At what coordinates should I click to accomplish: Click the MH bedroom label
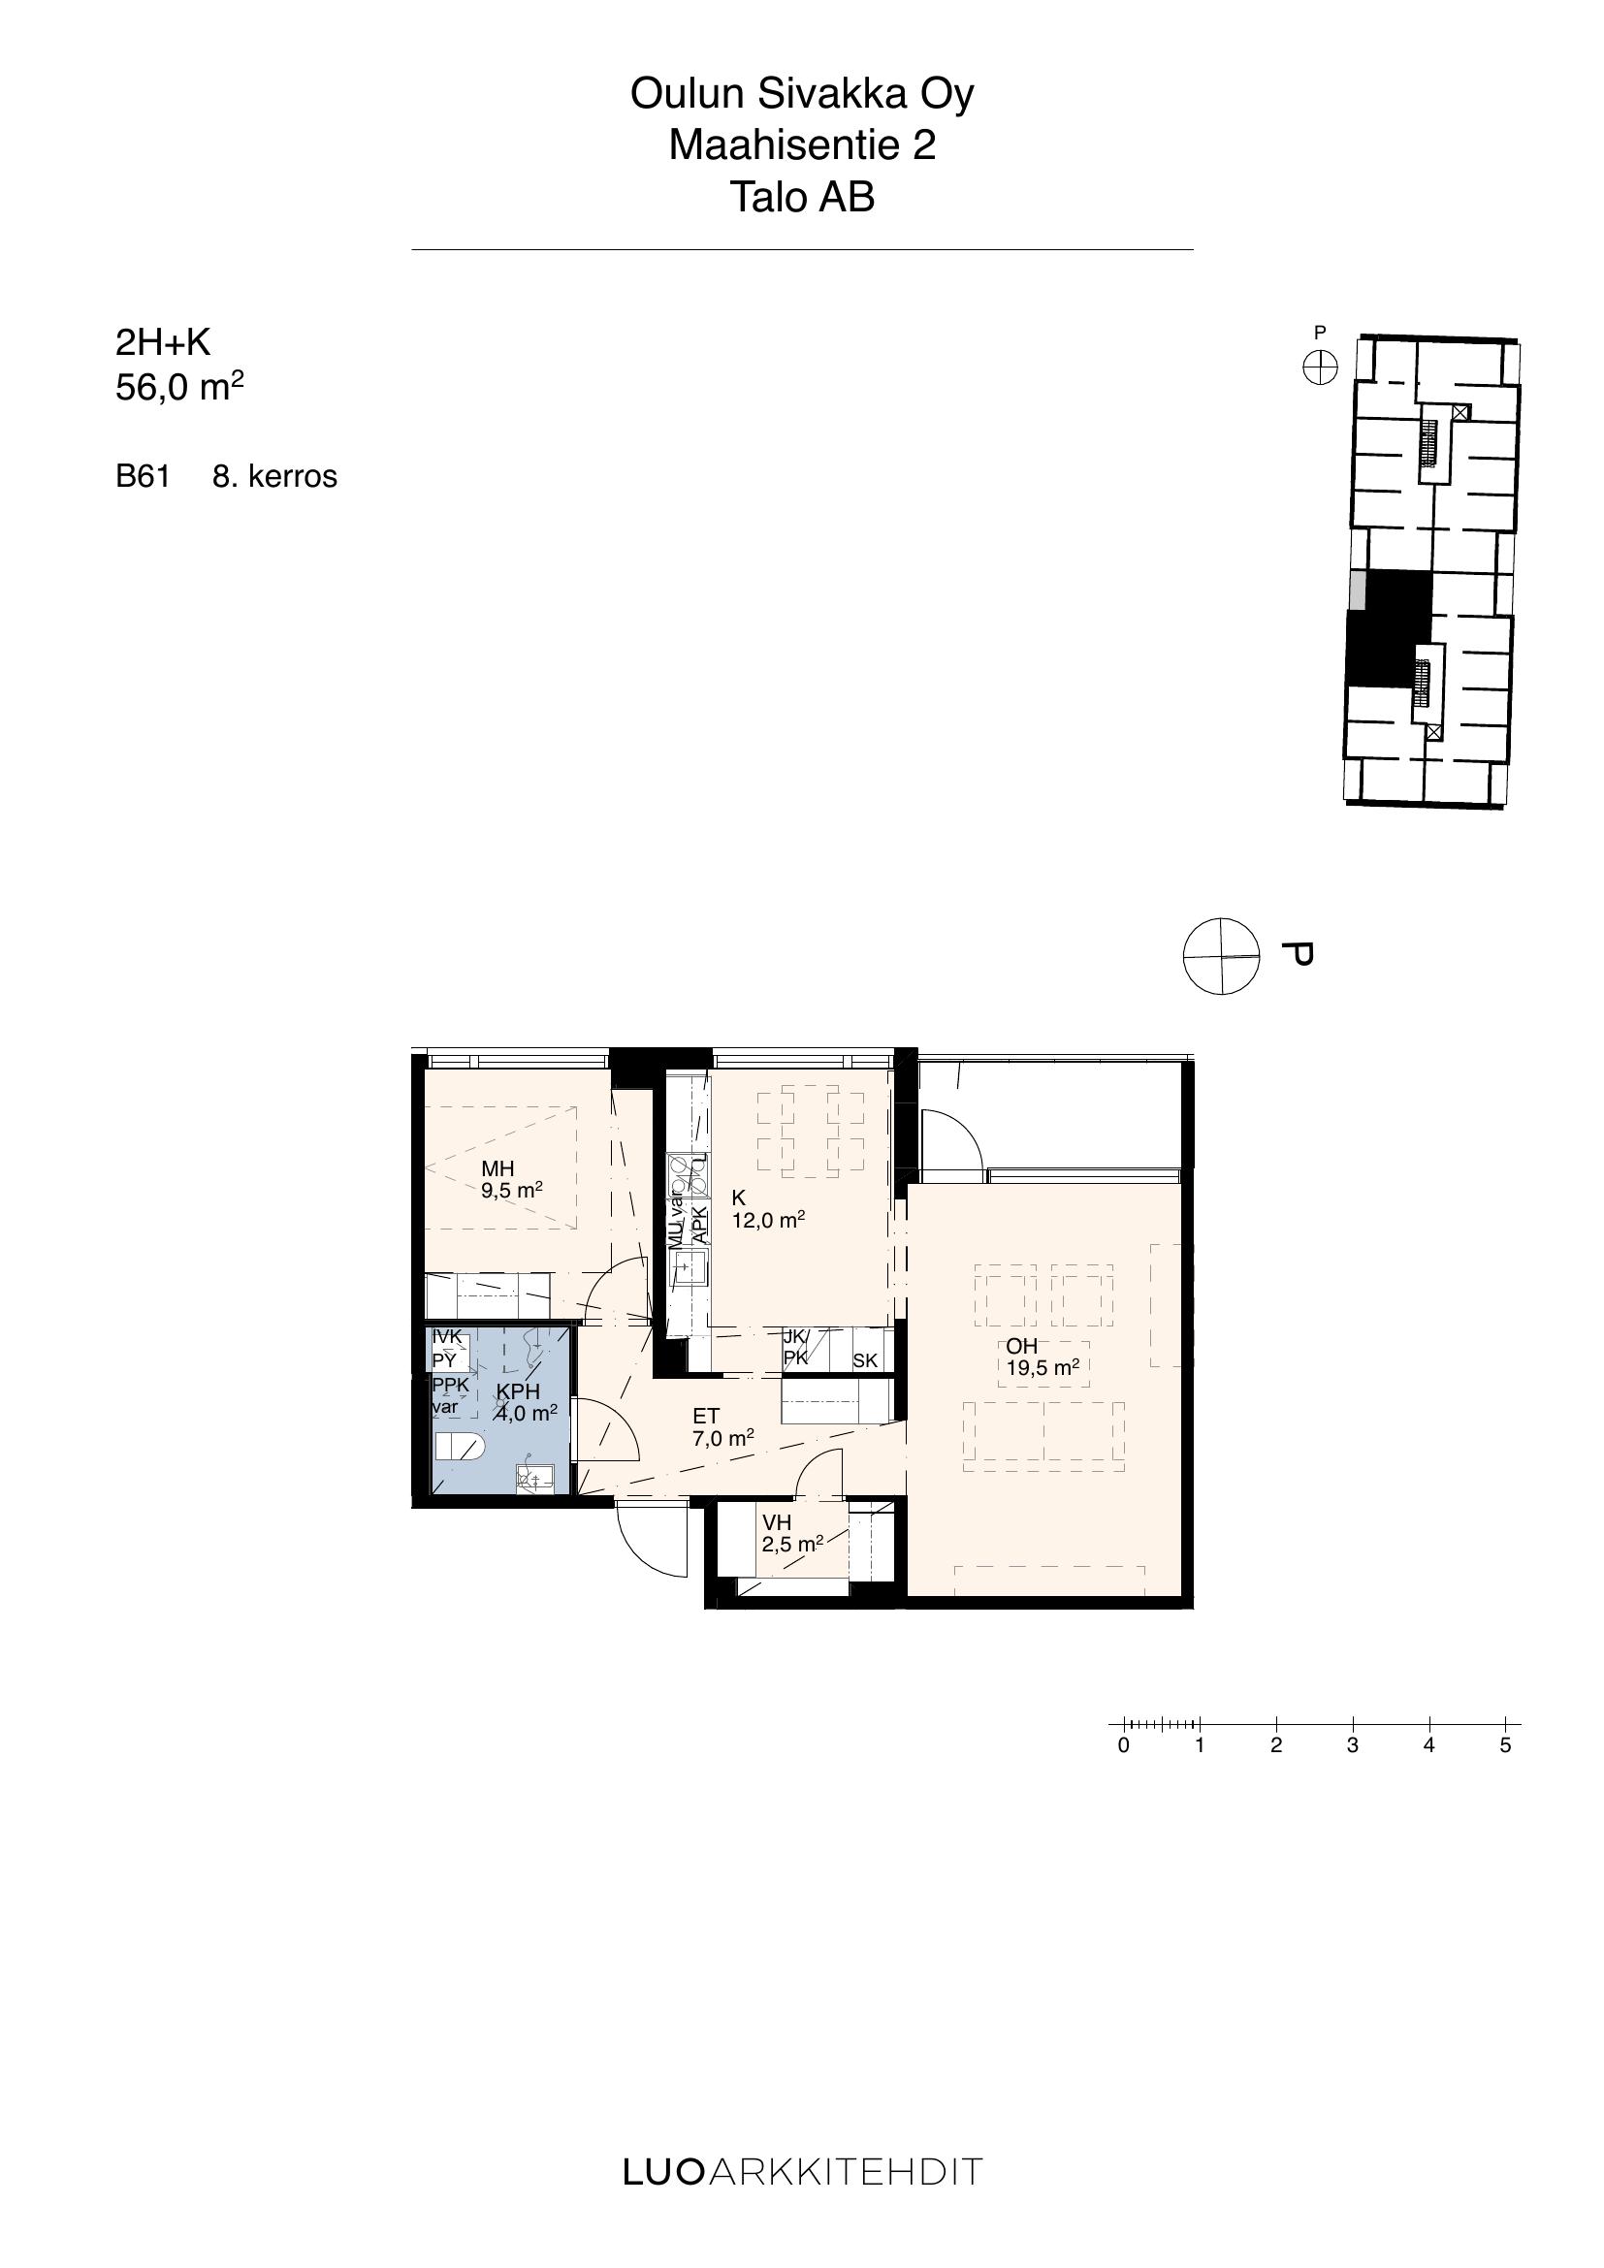coord(497,1169)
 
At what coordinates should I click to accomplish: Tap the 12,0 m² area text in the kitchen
coord(768,1221)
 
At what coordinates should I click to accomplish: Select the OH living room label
coord(1022,1346)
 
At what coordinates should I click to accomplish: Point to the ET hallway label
coord(706,1417)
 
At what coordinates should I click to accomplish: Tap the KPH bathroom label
coord(519,1391)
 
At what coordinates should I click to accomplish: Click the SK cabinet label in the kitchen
coord(865,1360)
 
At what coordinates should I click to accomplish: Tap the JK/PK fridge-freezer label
coord(796,1349)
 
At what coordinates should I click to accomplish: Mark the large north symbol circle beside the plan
coord(1222,956)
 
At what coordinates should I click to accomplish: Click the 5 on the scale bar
coord(1505,1745)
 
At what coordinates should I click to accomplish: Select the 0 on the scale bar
coord(1123,1745)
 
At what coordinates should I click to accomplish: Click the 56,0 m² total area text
coord(179,387)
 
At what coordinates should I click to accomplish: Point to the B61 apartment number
coord(144,476)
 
